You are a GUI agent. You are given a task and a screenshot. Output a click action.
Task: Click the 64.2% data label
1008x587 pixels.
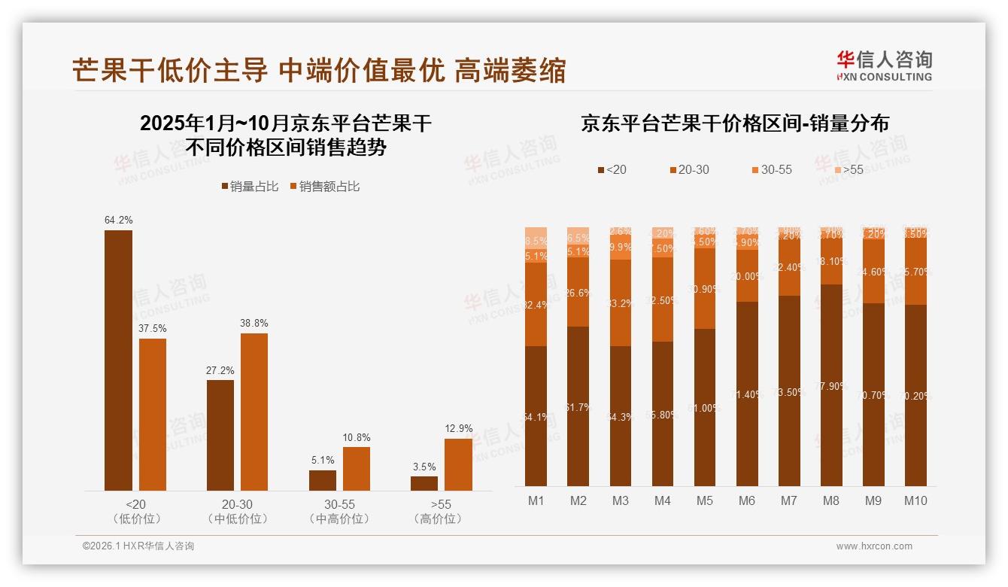click(118, 221)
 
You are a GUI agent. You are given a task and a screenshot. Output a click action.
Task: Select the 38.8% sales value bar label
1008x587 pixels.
click(254, 324)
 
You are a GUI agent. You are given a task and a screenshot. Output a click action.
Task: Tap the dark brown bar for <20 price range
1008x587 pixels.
click(118, 360)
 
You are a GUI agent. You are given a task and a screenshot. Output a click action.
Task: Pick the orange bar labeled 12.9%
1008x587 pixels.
click(458, 464)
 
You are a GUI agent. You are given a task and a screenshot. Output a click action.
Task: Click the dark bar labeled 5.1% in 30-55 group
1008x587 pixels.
click(323, 480)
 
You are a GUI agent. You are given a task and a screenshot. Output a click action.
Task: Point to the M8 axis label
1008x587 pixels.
click(831, 500)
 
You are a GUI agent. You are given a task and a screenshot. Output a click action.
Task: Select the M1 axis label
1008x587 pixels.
click(536, 500)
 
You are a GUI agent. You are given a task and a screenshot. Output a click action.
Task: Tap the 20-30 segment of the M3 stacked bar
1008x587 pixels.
click(621, 303)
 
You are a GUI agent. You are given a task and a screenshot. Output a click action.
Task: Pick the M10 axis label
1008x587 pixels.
click(915, 500)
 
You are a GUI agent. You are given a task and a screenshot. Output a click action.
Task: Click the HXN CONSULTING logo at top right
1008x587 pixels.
click(884, 66)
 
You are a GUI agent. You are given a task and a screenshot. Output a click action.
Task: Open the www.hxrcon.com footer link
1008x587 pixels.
click(873, 546)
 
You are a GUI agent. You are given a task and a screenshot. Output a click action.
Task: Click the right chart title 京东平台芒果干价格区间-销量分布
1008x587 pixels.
click(734, 123)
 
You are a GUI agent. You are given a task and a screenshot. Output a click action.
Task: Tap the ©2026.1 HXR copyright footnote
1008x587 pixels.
click(138, 546)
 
